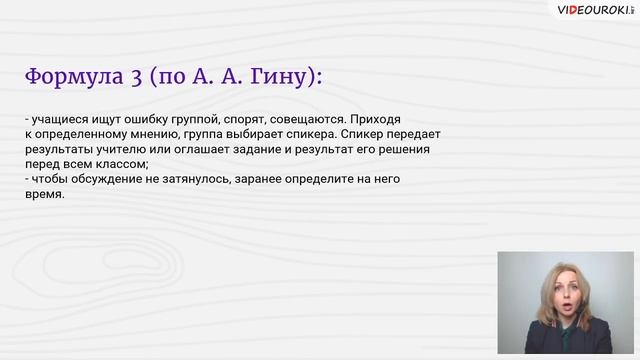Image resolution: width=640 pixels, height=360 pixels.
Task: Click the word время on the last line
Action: [44, 195]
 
